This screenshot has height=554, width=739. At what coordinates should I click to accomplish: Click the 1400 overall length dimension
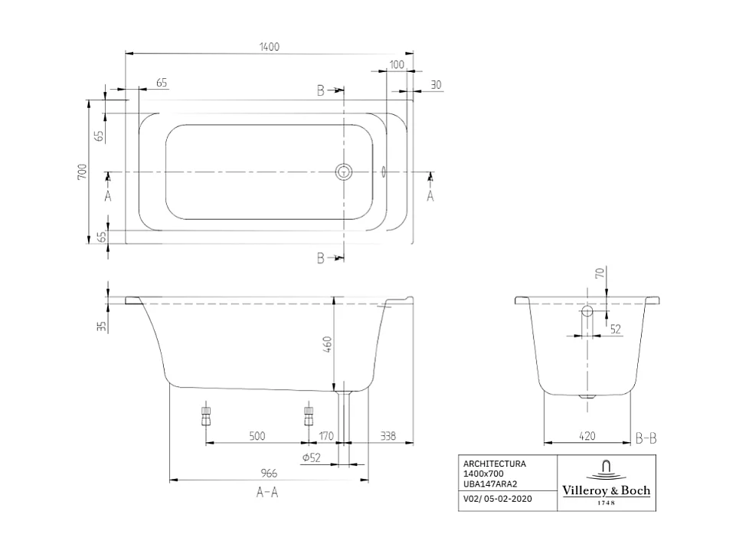coord(269,47)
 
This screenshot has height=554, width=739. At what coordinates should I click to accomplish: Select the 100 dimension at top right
coord(396,64)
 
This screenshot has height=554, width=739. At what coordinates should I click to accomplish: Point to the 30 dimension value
coord(436,84)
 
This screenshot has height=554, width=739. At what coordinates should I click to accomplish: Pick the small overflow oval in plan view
coord(384,172)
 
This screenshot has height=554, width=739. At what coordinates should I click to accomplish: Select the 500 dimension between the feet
coord(257,436)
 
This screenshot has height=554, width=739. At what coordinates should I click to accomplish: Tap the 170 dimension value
coord(326,436)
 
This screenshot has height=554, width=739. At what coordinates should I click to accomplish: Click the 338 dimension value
coord(387,436)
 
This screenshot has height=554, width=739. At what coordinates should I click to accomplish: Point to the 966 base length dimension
coord(268,474)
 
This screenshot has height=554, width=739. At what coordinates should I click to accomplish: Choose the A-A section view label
coord(267,493)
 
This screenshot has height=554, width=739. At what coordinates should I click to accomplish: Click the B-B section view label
coord(646,439)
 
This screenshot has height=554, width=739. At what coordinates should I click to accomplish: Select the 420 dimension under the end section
coord(587,436)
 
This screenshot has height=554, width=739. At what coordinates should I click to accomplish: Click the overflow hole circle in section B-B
coord(587,312)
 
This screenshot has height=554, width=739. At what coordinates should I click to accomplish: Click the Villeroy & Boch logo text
coord(606,490)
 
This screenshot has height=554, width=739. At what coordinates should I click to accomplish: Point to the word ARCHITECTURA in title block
coord(494,464)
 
